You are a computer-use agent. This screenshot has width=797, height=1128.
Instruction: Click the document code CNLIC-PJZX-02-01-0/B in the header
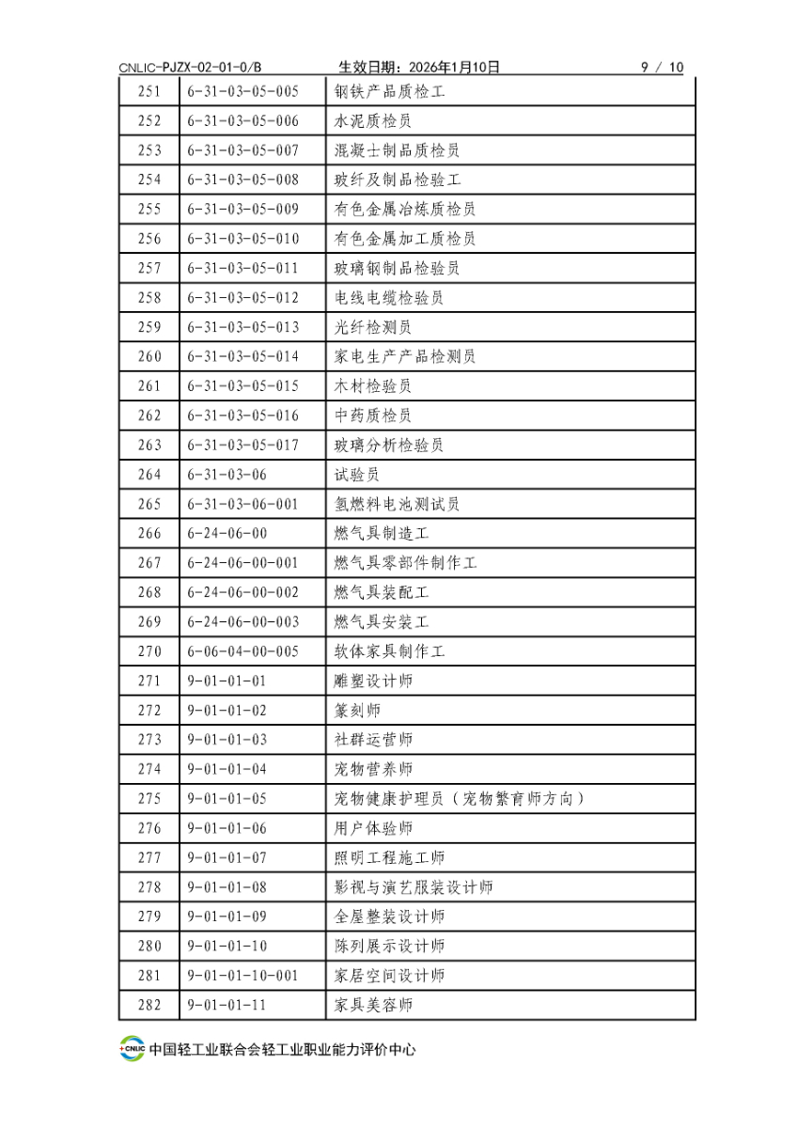coord(191,67)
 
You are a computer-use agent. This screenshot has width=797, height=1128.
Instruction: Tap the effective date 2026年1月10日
coord(419,67)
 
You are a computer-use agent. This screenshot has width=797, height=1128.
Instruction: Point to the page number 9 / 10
coord(662,67)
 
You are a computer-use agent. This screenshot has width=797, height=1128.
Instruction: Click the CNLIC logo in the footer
coord(132,1049)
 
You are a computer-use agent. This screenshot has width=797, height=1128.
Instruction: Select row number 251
coord(149,91)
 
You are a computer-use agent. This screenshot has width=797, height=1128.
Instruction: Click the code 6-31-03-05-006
coord(243,121)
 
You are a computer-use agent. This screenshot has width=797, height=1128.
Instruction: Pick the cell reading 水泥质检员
coord(372,121)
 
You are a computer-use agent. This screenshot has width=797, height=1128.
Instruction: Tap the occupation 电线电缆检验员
coord(388,298)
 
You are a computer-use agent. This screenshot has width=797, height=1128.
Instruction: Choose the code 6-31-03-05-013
coord(243,327)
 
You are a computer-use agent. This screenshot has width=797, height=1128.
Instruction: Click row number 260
coord(149,356)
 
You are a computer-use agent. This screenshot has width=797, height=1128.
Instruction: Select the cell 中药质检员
coord(372,415)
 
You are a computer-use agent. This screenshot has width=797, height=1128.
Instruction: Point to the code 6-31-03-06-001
coord(243,504)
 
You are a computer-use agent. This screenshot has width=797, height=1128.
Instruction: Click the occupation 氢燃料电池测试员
coord(397,504)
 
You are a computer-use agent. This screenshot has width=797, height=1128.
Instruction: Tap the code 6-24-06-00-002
coord(243,592)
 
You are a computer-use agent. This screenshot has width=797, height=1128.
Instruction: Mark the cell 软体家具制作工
coord(388,651)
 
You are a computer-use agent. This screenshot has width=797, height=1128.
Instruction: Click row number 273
coord(149,740)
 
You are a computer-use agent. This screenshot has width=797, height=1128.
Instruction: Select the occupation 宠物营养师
coord(372,769)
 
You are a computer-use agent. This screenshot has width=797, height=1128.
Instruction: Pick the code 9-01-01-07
coord(227,857)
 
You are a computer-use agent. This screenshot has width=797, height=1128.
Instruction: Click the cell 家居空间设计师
coord(388,976)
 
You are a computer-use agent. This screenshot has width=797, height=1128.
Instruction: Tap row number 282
coord(149,1005)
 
